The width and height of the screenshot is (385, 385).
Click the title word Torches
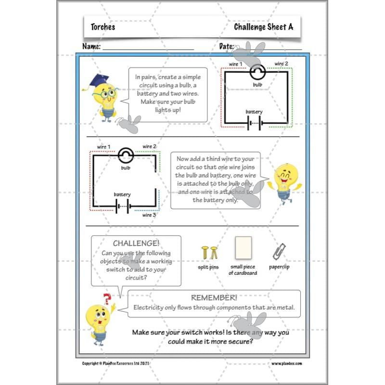pyautogui.click(x=103, y=27)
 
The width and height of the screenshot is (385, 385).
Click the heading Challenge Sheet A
pyautogui.click(x=263, y=27)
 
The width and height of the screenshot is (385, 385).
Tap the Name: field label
pyautogui.click(x=91, y=47)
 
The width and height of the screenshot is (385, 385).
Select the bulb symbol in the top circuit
pyautogui.click(x=257, y=73)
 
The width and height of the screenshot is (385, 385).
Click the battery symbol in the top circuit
pyautogui.click(x=255, y=124)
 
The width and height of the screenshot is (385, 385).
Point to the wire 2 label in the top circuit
pyautogui.click(x=282, y=64)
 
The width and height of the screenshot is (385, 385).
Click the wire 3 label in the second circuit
pyautogui.click(x=149, y=215)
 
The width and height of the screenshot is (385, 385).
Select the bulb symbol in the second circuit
pyautogui.click(x=126, y=155)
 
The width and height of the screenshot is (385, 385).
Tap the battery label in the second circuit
pyautogui.click(x=122, y=194)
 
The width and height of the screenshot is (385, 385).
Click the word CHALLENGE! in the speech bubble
pyautogui.click(x=136, y=244)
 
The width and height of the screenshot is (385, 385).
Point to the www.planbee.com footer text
pyautogui.click(x=286, y=363)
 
